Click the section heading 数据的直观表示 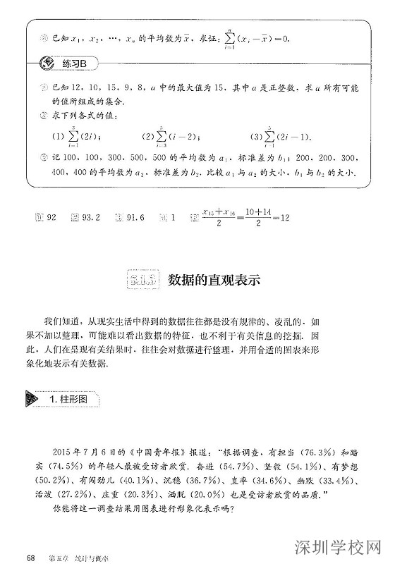tap(214, 278)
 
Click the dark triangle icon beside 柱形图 tap(32, 399)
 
